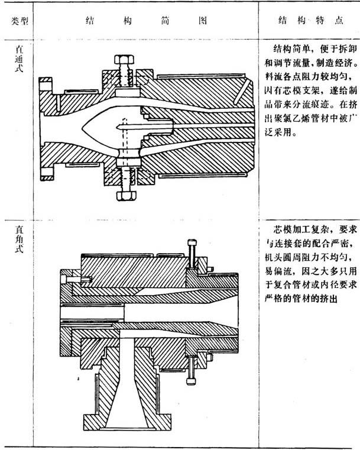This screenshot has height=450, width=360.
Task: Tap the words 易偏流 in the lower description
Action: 277,271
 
